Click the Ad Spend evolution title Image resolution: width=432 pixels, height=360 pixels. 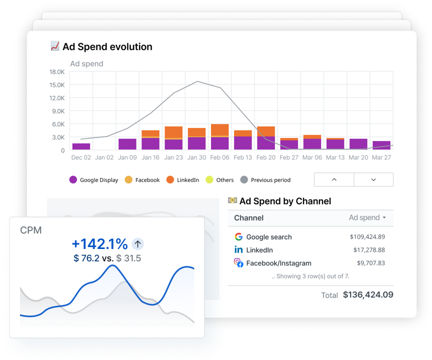click(107, 47)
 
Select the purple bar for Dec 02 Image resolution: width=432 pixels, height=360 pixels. click(81, 146)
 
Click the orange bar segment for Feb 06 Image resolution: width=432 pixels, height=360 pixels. click(219, 129)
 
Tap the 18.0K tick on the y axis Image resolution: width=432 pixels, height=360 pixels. click(56, 72)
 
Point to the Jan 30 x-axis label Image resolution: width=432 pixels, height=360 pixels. click(196, 157)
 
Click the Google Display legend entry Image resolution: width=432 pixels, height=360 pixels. click(93, 180)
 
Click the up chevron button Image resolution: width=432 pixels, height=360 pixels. click(334, 179)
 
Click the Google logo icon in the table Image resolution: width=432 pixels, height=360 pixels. click(238, 237)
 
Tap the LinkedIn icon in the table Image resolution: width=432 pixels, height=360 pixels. click(238, 250)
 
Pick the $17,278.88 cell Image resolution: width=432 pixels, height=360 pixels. click(367, 250)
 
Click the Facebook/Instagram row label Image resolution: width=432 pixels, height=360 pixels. click(278, 263)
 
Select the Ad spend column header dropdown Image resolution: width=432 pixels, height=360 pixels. click(367, 218)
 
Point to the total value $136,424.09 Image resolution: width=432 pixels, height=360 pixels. click(368, 295)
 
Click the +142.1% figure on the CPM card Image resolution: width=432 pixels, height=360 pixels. click(99, 244)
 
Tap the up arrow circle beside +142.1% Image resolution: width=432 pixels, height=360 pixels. click(138, 244)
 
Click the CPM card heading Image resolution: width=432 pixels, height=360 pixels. click(31, 230)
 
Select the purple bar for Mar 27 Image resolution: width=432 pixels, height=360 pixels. click(381, 145)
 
